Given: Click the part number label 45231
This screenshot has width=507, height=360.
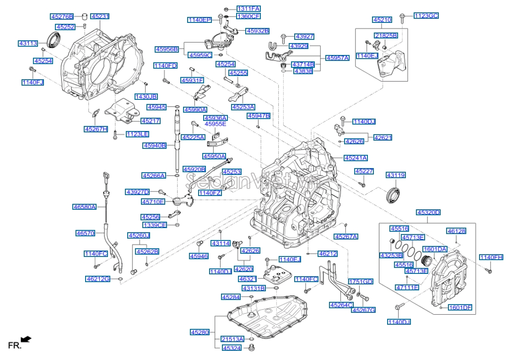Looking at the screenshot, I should pos(100,16).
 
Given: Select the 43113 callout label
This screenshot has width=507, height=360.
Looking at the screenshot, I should pos(27,44).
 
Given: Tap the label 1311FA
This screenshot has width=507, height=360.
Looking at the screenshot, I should pos(248,9).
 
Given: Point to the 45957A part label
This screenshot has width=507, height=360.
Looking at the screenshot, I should pos(337,58).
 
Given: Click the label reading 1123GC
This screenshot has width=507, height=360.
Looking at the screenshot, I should pos(426,16).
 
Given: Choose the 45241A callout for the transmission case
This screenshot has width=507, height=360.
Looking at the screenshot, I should pos(356,158).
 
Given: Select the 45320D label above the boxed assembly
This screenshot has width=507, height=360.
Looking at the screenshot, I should pos(428,212).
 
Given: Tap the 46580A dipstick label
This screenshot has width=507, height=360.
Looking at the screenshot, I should pos(85,207).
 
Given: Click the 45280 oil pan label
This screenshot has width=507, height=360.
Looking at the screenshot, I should pos(200,332).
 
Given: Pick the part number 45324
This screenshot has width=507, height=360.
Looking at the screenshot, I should pos(231,349).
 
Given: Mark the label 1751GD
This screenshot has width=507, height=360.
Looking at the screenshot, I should pos(361,281).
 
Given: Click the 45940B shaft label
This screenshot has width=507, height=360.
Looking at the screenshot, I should pos(155,146).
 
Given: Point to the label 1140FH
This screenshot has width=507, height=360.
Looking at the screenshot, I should pos(491,257).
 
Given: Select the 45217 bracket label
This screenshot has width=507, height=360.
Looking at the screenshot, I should pos(150,121).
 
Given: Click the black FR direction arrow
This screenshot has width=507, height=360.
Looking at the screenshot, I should pos(27,339).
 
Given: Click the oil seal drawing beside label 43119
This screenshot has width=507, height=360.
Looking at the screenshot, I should pos(392,194).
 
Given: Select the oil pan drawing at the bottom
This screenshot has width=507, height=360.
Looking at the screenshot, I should pos(270,318).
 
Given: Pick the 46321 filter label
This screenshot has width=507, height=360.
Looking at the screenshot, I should pos(248,278).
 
